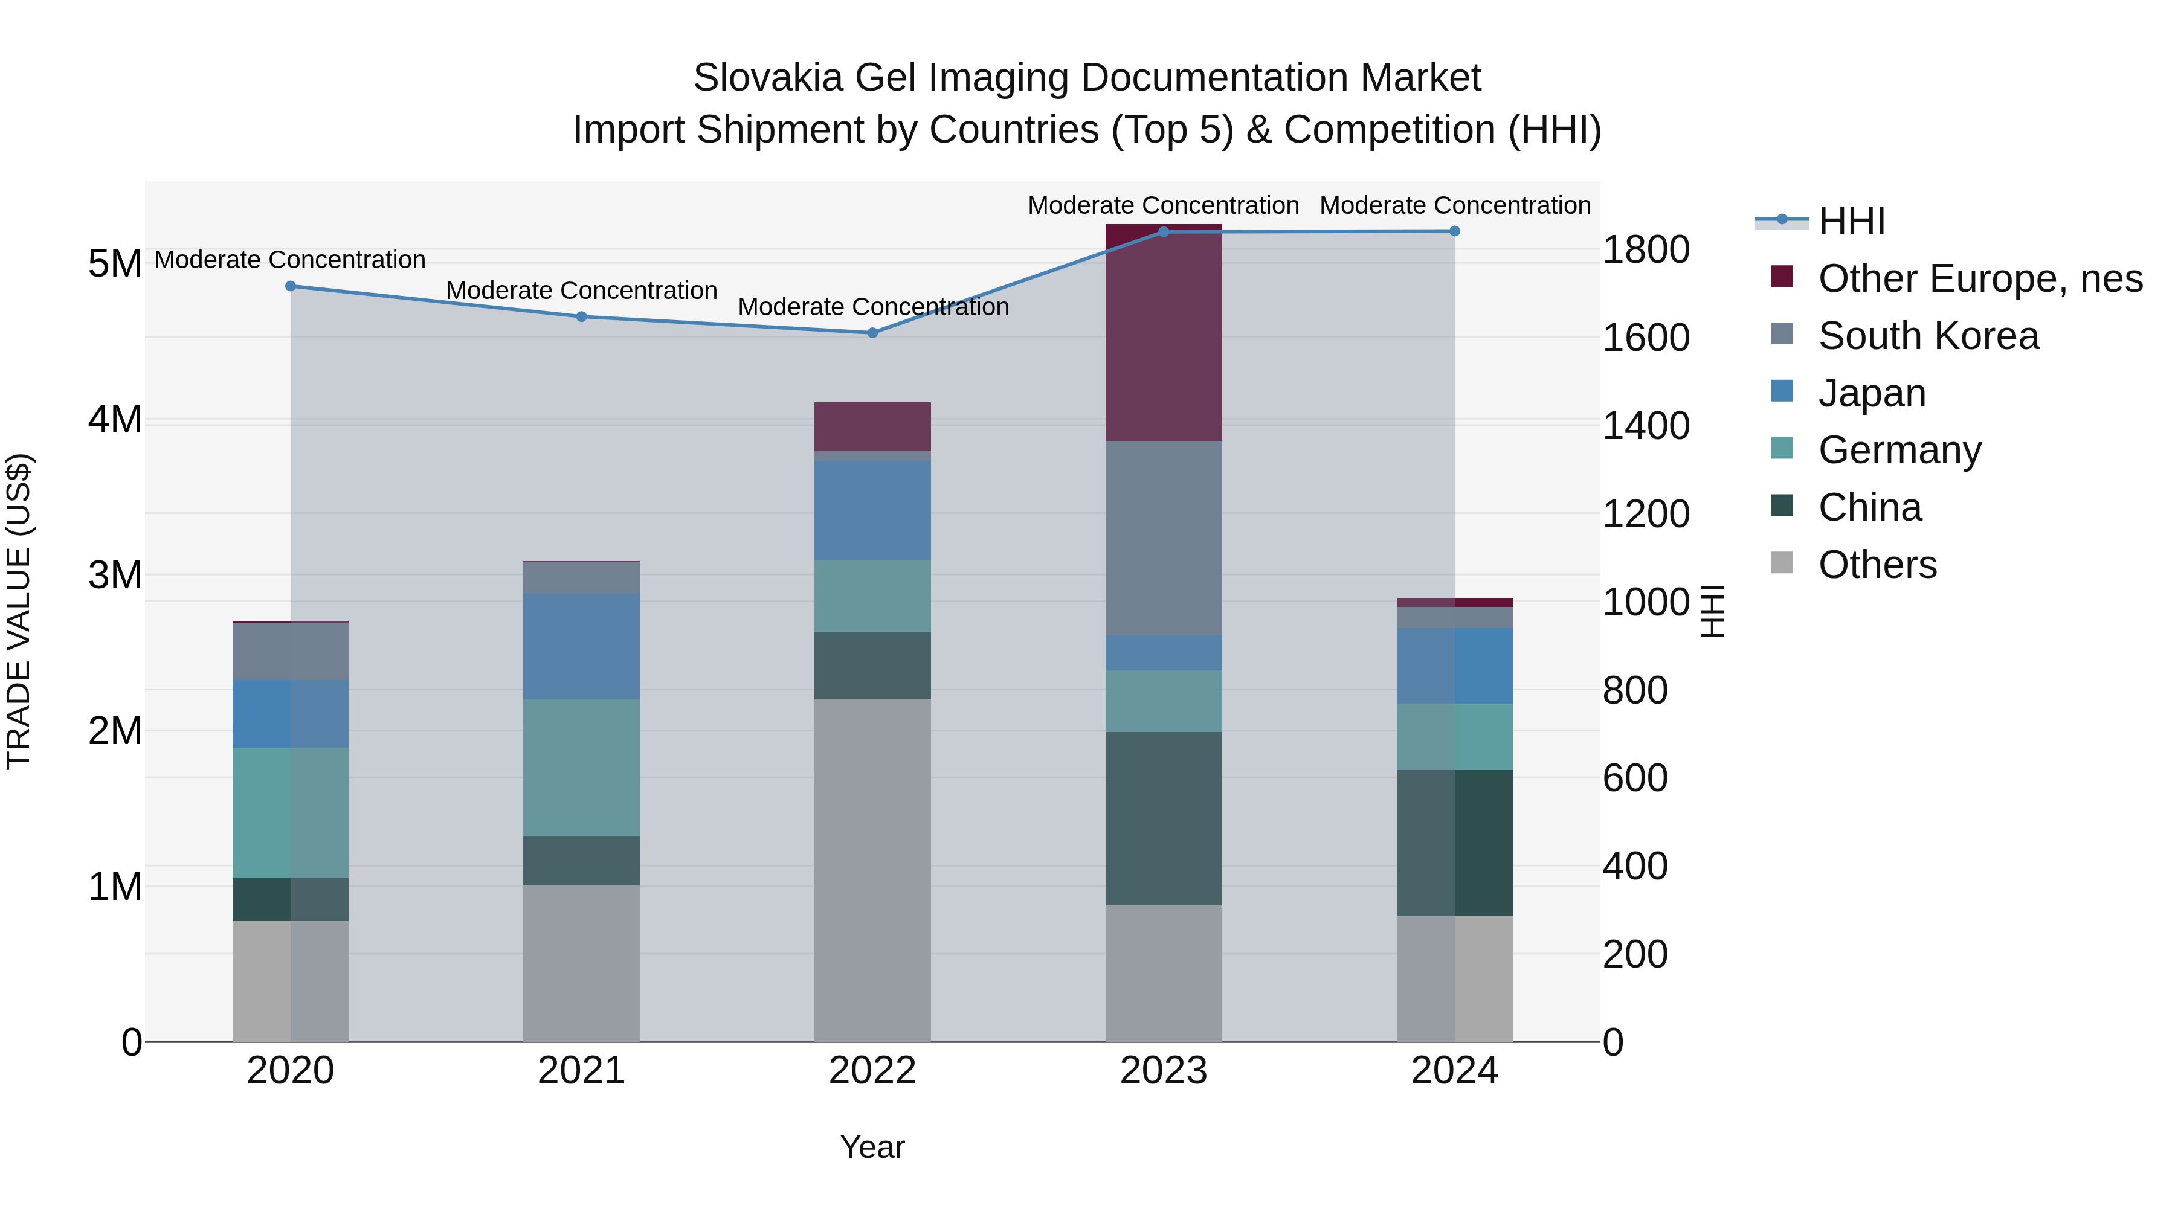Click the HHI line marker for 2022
(872, 333)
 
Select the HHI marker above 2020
(291, 286)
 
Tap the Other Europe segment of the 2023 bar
(1164, 333)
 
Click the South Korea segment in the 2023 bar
(1164, 538)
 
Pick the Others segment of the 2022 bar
(872, 869)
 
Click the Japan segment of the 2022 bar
(872, 510)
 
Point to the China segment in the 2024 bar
(1454, 843)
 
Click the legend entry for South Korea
(1928, 336)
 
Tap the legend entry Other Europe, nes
(1979, 278)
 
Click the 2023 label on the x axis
(1164, 1071)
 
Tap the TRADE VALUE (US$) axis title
(19, 611)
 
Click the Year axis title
(872, 1147)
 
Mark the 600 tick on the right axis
(1635, 778)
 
